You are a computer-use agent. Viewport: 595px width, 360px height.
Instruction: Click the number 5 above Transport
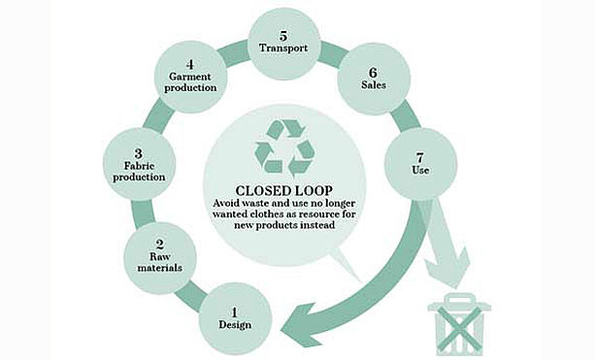click(283, 36)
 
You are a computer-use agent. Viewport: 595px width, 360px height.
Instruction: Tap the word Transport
click(283, 49)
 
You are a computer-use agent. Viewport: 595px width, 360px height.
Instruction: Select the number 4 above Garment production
click(190, 64)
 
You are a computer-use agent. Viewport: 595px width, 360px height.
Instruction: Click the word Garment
click(190, 77)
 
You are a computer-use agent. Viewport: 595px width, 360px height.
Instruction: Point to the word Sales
click(374, 85)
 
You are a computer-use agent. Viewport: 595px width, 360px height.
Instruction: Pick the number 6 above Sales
click(374, 72)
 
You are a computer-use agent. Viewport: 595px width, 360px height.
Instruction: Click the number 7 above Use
click(420, 157)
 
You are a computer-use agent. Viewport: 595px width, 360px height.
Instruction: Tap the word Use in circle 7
click(420, 171)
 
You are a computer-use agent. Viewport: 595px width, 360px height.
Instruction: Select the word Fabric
click(139, 166)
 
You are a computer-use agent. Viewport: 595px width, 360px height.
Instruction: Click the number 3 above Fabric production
click(139, 153)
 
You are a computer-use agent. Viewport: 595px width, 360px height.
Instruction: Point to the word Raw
click(160, 257)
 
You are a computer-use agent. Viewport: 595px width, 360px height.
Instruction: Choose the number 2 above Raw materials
click(160, 245)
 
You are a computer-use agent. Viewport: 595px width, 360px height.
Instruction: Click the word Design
click(235, 325)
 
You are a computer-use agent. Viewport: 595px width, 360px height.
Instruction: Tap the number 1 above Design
click(235, 312)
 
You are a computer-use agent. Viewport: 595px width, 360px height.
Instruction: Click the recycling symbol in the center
click(284, 148)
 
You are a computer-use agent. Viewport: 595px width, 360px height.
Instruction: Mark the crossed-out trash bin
click(459, 325)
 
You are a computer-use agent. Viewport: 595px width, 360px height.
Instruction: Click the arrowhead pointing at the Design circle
click(300, 325)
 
